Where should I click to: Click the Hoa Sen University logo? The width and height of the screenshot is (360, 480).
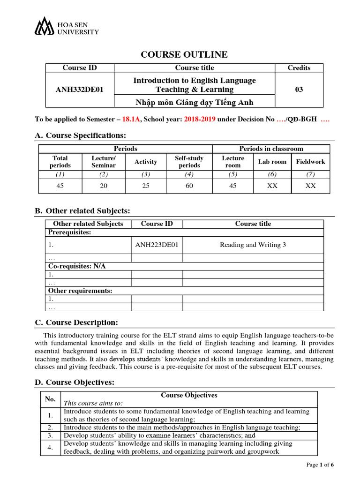tap(66, 27)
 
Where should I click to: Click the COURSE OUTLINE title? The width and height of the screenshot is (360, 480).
tap(184, 55)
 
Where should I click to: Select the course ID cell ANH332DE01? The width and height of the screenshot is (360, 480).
tap(80, 90)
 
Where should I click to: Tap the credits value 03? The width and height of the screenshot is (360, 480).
tap(299, 90)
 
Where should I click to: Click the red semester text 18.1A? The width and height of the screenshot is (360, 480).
tap(132, 119)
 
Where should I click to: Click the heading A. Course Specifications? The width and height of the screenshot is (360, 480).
tap(81, 135)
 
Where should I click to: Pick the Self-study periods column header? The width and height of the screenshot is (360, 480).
tap(189, 162)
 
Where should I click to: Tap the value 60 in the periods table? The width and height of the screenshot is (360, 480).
tap(189, 186)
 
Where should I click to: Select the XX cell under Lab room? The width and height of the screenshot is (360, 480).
tap(272, 186)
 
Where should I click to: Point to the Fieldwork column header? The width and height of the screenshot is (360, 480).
tap(310, 162)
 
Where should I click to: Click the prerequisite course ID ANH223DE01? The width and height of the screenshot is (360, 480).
tap(157, 245)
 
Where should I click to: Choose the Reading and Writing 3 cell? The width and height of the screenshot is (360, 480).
tap(253, 245)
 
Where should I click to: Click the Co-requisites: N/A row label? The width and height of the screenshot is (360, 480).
tap(77, 266)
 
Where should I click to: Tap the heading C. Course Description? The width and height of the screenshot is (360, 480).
tap(76, 322)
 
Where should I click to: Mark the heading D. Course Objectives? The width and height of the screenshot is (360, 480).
tap(75, 382)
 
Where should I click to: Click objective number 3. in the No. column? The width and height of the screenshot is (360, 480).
tap(50, 435)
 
